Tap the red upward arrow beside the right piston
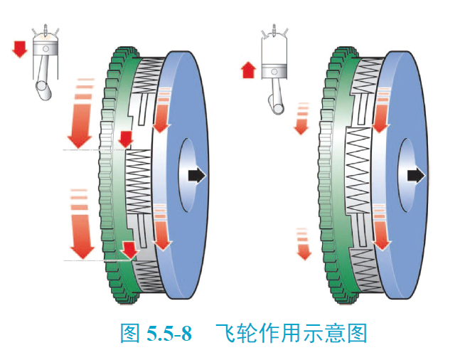(248, 69)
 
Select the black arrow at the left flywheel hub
(195, 174)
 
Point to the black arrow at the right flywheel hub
(415, 174)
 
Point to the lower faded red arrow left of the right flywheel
(304, 243)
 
